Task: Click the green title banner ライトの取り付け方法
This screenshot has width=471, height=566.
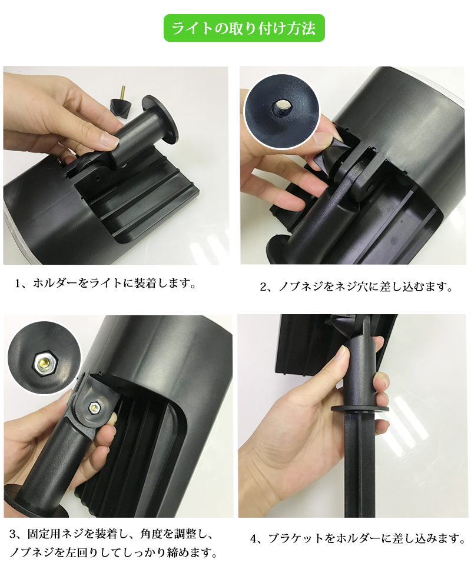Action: [244, 28]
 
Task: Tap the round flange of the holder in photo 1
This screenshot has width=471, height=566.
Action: [160, 118]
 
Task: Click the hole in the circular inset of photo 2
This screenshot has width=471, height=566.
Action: [282, 107]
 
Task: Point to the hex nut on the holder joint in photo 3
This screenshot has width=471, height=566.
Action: [94, 408]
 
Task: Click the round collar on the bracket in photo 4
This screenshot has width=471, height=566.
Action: [360, 409]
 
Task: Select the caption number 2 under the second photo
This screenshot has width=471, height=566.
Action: [263, 287]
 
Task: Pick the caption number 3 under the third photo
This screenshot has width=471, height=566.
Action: [13, 534]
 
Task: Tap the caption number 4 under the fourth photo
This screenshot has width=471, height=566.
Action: [254, 539]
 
